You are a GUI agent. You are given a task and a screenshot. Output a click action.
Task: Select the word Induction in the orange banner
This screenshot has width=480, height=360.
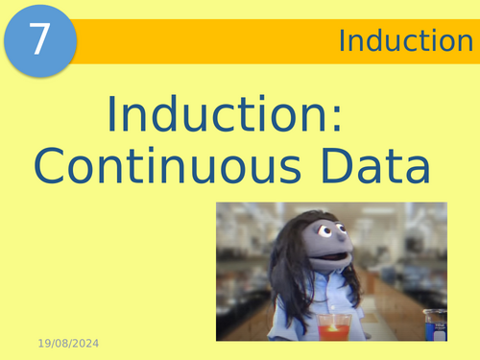point(398,40)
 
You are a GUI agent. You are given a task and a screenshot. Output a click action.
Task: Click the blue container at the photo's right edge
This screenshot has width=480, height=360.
point(435,326)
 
